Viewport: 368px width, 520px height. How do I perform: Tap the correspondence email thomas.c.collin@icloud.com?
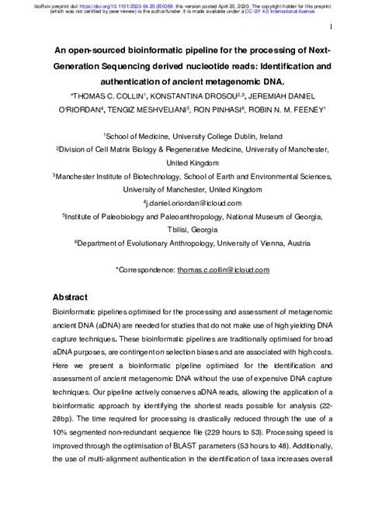point(223,269)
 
